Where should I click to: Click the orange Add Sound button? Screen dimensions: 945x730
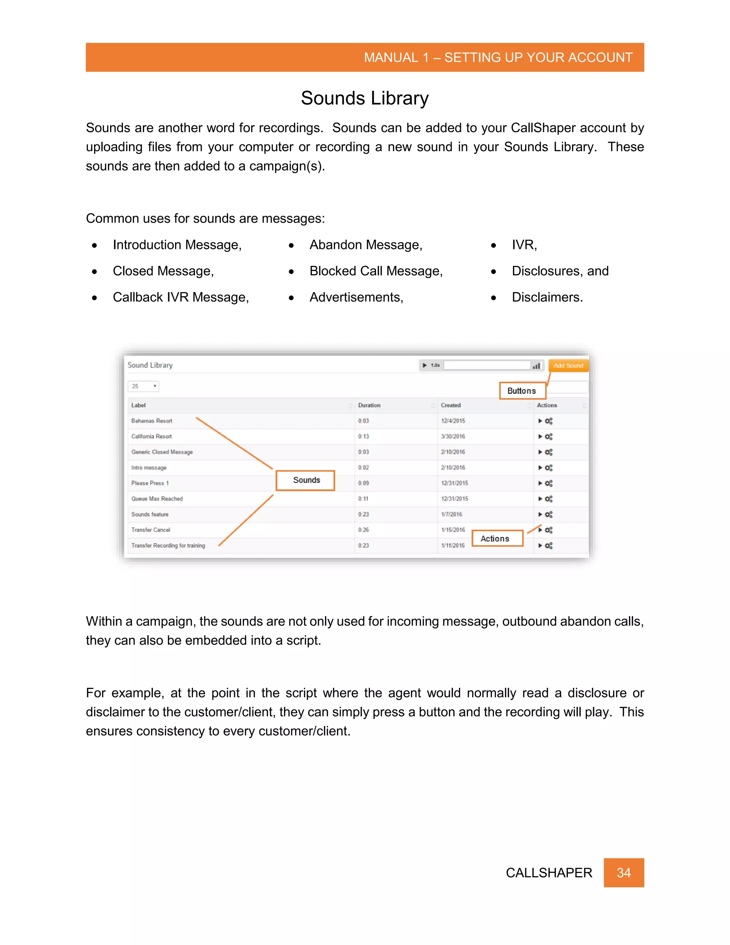point(568,366)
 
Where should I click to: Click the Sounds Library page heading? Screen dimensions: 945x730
point(365,98)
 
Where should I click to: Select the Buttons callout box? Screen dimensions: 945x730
point(522,391)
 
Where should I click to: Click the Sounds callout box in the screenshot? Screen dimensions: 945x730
point(306,480)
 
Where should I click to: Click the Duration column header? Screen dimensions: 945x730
point(369,405)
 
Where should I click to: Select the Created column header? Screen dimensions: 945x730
point(451,405)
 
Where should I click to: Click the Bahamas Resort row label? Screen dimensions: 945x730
point(152,421)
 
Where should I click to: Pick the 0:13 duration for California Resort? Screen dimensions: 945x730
point(363,436)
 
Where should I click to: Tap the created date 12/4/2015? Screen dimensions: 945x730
point(453,421)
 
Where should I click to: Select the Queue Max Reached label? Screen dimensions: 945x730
point(157,499)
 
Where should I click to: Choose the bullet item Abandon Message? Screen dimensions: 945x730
point(365,245)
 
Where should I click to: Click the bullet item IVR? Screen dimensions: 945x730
point(524,245)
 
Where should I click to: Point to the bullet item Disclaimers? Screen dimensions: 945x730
point(547,297)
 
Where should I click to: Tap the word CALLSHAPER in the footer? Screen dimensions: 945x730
point(548,873)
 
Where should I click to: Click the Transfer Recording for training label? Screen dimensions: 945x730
point(168,546)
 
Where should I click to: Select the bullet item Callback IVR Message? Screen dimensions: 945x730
point(180,297)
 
